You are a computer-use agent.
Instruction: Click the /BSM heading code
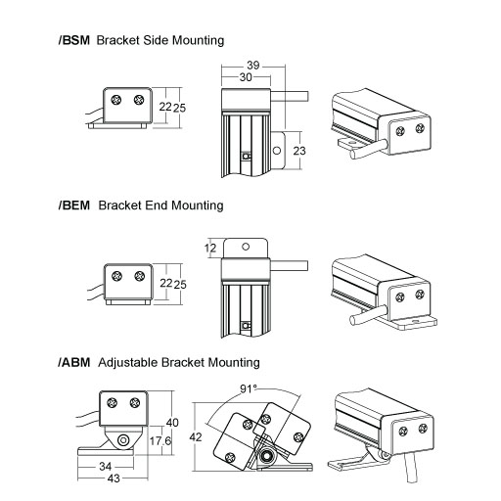(74, 40)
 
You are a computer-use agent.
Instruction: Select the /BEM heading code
(74, 205)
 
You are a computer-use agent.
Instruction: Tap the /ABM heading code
(74, 363)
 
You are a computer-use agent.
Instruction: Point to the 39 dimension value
(253, 66)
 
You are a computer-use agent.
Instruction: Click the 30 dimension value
(246, 77)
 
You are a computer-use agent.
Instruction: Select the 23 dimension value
(299, 151)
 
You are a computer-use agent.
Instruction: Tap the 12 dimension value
(210, 249)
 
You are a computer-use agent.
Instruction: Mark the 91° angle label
(249, 388)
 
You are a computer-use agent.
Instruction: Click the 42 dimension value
(196, 437)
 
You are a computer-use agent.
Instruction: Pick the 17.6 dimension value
(160, 441)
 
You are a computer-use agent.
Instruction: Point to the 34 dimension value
(106, 467)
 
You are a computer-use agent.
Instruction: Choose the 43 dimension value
(114, 478)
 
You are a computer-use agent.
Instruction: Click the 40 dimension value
(172, 423)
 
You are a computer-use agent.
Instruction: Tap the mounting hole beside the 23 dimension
(277, 151)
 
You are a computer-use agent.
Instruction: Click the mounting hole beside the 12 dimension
(246, 247)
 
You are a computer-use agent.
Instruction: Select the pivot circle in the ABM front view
(123, 440)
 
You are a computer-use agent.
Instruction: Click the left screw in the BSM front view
(115, 100)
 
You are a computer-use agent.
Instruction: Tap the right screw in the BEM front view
(140, 276)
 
